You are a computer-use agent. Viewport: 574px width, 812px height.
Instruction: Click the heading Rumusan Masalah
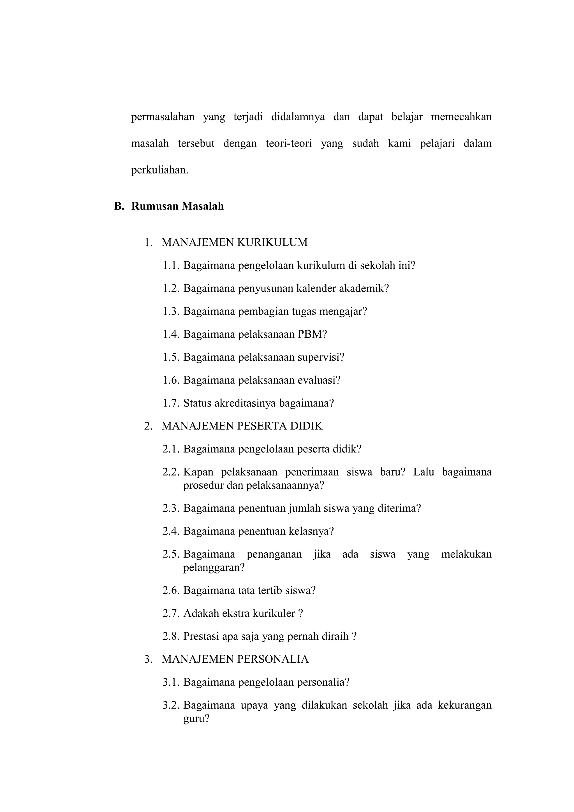tap(177, 206)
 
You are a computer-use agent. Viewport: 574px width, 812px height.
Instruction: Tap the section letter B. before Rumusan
tap(119, 206)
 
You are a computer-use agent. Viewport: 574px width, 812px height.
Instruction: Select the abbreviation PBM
tap(310, 334)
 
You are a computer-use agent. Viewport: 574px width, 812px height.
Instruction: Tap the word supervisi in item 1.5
tap(320, 357)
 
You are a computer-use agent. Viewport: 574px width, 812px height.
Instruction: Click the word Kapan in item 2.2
tap(198, 472)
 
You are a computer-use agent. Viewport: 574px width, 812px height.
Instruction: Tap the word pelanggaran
tap(214, 568)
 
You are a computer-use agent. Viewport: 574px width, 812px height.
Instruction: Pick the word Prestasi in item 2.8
tap(201, 636)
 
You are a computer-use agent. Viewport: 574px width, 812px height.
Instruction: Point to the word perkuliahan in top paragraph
tap(159, 170)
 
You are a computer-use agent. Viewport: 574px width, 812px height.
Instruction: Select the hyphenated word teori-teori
tap(289, 143)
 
